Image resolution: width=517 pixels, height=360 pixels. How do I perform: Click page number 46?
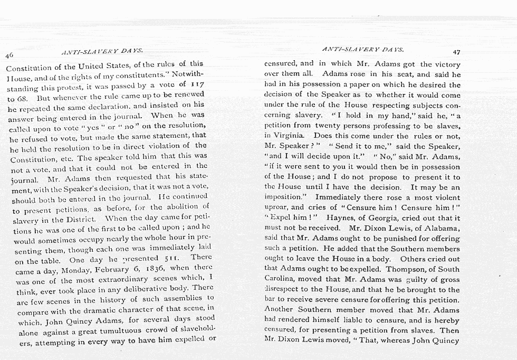coord(9,55)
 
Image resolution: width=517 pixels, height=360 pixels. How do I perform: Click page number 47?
coord(456,52)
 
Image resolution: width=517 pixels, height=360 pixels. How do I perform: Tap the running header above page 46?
coord(102,51)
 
